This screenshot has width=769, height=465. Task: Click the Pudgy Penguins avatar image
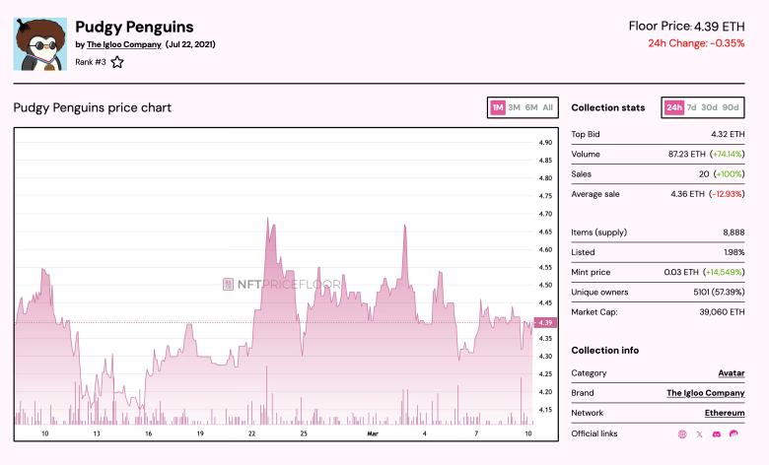click(x=39, y=43)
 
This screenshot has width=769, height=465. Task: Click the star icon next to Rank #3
click(x=117, y=62)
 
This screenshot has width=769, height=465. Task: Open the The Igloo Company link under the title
click(x=123, y=44)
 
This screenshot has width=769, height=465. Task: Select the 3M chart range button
click(x=514, y=107)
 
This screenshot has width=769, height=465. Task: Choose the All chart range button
click(x=547, y=107)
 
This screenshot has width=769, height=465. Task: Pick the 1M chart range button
click(x=498, y=107)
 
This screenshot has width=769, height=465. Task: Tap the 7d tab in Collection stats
click(x=691, y=107)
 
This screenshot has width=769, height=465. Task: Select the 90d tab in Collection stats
click(x=730, y=107)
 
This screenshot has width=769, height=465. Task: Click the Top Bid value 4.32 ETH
click(x=728, y=134)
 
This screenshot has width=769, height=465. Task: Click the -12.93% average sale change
click(x=727, y=194)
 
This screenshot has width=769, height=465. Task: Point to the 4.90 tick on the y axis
click(x=545, y=143)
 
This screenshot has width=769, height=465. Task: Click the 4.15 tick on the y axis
click(x=545, y=410)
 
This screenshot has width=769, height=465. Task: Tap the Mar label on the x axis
click(x=373, y=433)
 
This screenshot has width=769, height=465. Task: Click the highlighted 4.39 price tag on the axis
click(x=545, y=322)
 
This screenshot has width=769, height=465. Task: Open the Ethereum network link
click(x=725, y=413)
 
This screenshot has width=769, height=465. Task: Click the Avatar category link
click(x=731, y=373)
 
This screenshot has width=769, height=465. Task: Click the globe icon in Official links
click(x=682, y=433)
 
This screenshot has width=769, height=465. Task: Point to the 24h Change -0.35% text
click(x=696, y=43)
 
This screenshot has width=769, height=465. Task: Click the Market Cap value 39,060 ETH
click(x=722, y=312)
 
